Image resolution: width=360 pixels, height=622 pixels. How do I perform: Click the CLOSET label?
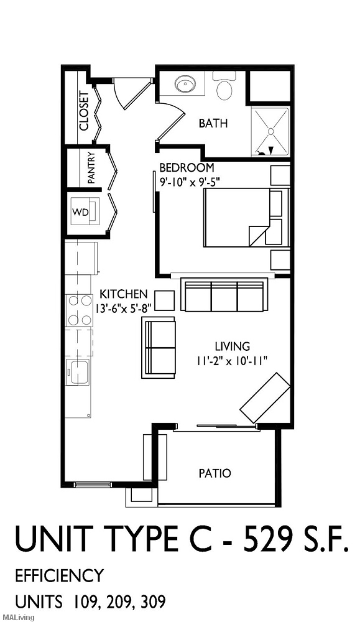click(84, 111)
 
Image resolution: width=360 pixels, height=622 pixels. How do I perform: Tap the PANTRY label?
click(91, 168)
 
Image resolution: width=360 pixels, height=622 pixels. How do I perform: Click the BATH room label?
click(213, 123)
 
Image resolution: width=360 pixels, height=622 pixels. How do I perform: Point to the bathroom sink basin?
click(184, 84)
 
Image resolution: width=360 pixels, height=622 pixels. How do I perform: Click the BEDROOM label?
click(187, 168)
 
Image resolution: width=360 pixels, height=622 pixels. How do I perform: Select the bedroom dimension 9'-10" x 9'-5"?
click(190, 182)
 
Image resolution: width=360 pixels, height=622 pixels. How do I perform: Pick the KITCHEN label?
click(124, 294)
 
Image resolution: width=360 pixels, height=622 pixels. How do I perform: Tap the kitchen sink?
click(79, 372)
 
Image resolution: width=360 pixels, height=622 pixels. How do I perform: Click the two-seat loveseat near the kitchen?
click(159, 346)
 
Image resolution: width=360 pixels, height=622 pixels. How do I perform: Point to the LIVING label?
click(232, 346)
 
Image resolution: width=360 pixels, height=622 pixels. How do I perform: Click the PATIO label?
click(215, 473)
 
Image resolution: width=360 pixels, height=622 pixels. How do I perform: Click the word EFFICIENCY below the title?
click(59, 575)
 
